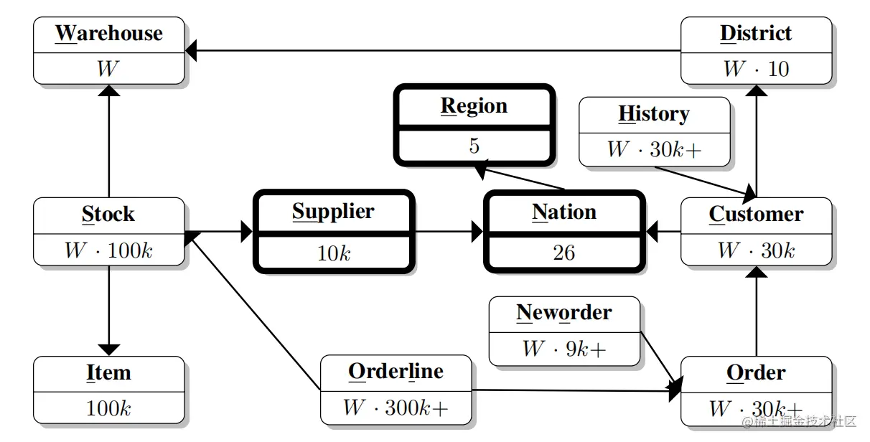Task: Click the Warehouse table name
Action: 109,34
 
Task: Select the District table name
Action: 756,34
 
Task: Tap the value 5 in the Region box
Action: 474,146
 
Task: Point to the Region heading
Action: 474,106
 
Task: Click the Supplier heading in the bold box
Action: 333,212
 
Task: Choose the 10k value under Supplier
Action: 333,253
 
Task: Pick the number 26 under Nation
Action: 563,253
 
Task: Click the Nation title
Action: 563,212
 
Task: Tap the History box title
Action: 654,114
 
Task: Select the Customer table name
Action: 756,215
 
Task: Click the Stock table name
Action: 108,215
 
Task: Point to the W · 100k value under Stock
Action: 108,250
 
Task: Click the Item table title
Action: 108,373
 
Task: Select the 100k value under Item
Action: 108,409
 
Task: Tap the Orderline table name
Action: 396,372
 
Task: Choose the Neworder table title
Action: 563,313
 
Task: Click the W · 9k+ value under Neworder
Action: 563,349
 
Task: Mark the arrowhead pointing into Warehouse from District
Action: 191,50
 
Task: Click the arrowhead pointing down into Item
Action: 108,349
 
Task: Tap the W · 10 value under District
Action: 756,69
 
